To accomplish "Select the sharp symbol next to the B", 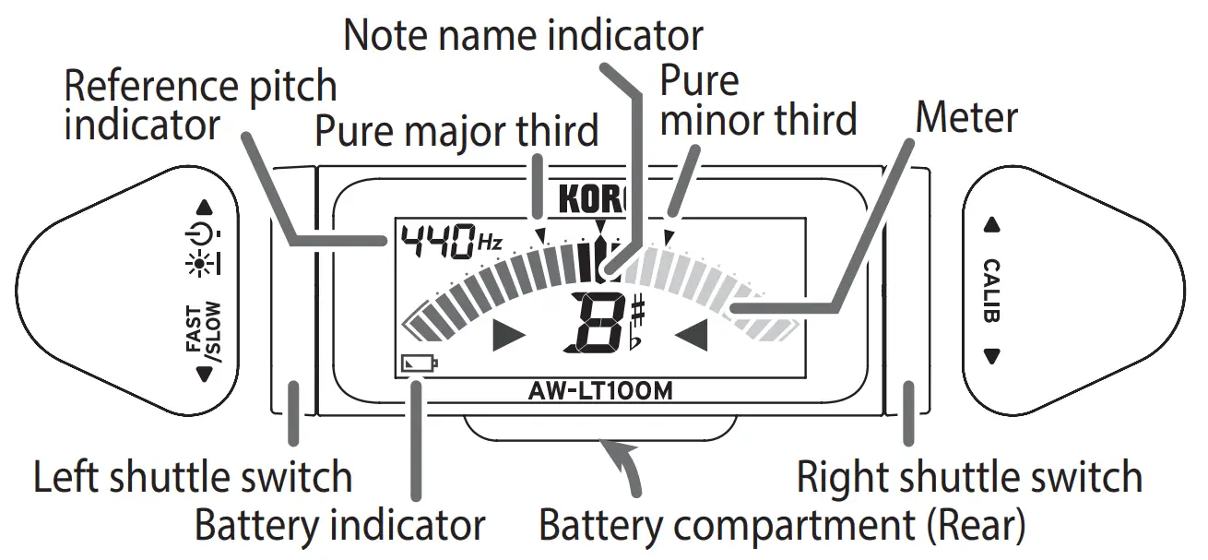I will [638, 313].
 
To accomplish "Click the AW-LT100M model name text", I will [601, 390].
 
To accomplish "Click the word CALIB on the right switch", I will [992, 290].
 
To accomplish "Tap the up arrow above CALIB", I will [992, 224].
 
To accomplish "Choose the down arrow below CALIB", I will [992, 356].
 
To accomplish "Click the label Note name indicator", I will [523, 35].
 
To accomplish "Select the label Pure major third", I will [456, 130].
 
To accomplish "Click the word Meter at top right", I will [965, 117].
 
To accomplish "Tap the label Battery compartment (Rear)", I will [782, 526].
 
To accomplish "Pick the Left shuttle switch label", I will [193, 478].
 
